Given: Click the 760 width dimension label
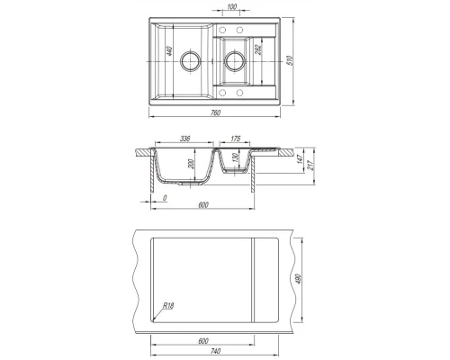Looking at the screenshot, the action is (215, 112).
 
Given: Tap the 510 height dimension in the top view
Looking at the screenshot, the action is (290, 60).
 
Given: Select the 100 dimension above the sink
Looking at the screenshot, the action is (232, 6).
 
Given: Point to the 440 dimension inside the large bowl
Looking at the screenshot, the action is (169, 50).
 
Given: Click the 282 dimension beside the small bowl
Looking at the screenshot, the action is (257, 49).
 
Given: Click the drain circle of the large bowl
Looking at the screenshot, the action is (190, 61).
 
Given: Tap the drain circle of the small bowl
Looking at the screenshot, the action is (235, 61).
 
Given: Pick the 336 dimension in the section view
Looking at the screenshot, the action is (185, 139).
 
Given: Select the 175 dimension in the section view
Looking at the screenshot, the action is (236, 139).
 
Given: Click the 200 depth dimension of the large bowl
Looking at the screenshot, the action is (192, 164).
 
